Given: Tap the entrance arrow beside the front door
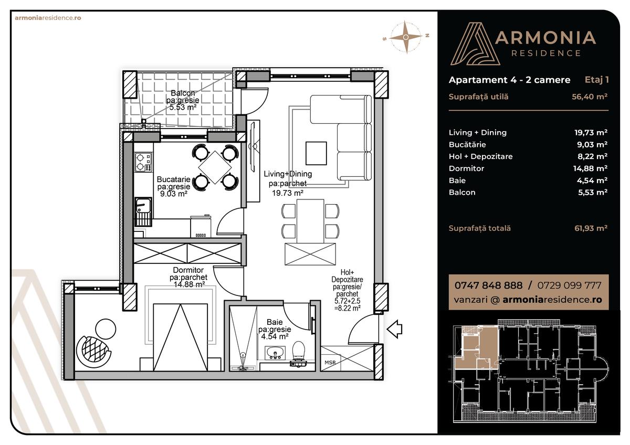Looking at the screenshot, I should pos(394,329).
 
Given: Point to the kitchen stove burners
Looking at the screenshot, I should pos(142,162).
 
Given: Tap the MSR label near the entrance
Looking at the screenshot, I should pos(330,363).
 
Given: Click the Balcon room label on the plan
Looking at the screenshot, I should pos(183,93).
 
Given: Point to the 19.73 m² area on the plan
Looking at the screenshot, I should pos(287,193).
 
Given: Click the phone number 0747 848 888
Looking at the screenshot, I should pos(488,285).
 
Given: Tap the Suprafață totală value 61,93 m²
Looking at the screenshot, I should pos(591,228).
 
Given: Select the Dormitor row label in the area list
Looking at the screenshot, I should pos(466,168).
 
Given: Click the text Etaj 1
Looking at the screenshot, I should pos(596,80).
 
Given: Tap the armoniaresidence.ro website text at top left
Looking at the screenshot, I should pos(48,17).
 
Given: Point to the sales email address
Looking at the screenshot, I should pos(527,300).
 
